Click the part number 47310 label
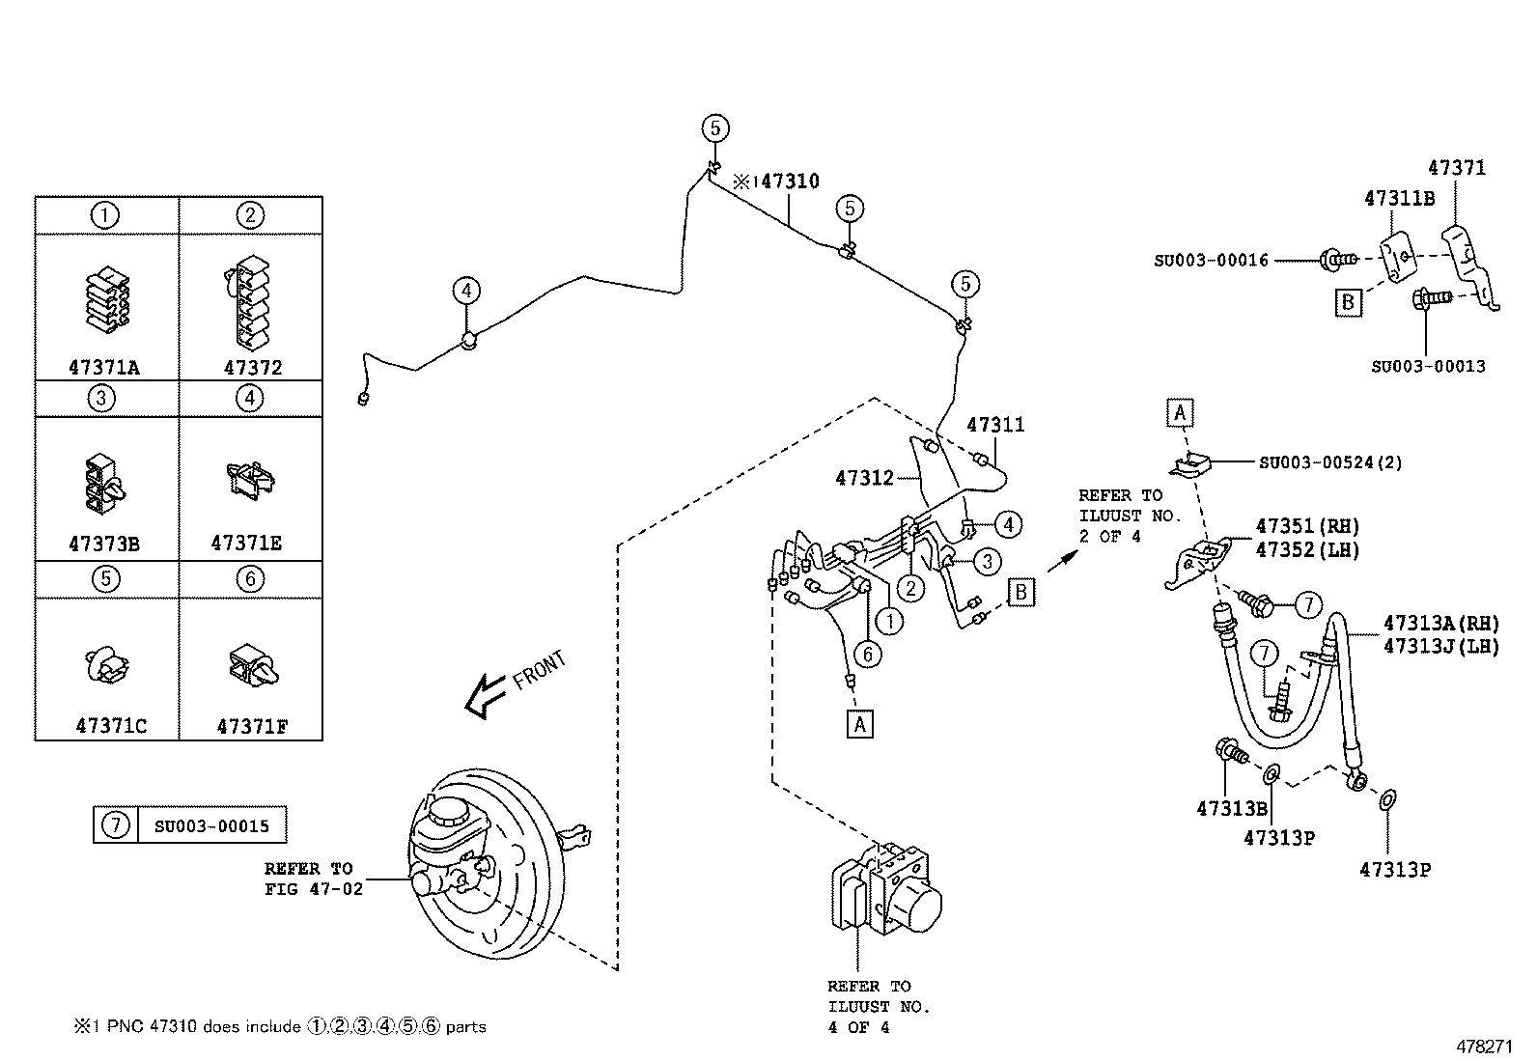click(789, 181)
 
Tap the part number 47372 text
click(253, 368)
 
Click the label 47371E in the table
click(246, 544)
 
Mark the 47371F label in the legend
click(252, 726)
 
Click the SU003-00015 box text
click(211, 826)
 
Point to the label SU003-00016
click(1211, 260)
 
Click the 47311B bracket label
click(1399, 198)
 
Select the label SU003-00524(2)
click(1329, 462)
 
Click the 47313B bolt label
click(1231, 809)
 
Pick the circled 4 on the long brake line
click(466, 290)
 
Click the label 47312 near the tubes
click(865, 477)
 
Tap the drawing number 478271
click(1484, 1046)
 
